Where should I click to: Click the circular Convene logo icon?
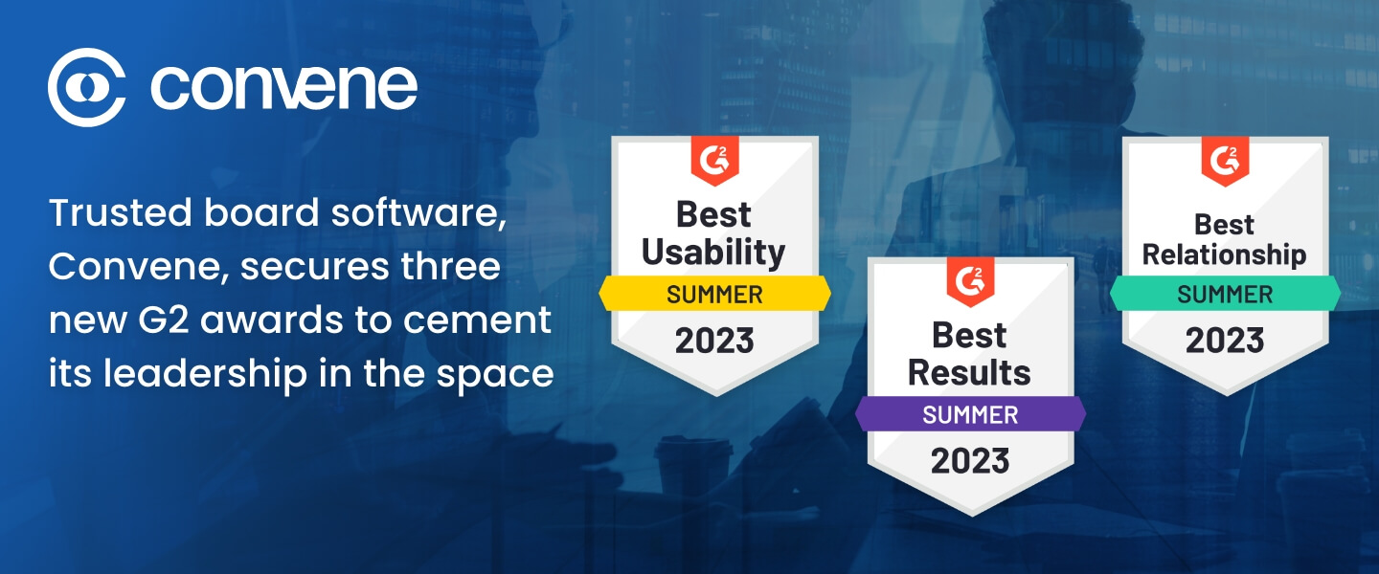coord(87,87)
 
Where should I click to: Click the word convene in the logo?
coord(283,88)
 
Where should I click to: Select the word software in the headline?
coord(419,214)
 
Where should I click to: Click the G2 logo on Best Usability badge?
coord(714,160)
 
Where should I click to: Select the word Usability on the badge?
coord(713,253)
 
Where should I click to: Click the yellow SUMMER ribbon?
coord(714,294)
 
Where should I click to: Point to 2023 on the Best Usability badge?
coord(714,341)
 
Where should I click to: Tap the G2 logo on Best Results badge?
coord(970,281)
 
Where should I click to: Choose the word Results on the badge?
coord(969,373)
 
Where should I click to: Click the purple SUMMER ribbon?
coord(970,414)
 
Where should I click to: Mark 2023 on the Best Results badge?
coord(970,461)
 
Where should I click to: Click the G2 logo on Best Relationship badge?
coord(1225,161)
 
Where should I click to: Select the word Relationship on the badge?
coord(1225,255)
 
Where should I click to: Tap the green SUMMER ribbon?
coord(1225,294)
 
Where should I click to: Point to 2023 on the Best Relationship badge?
coord(1225,341)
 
